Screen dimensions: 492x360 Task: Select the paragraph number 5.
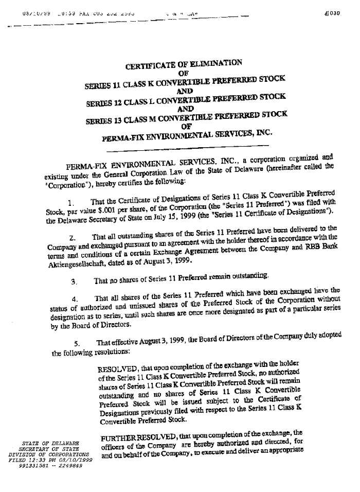[x=77, y=344]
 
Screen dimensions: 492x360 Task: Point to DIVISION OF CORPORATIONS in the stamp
[x=49, y=454]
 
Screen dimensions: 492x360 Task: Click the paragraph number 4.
[x=75, y=300]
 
